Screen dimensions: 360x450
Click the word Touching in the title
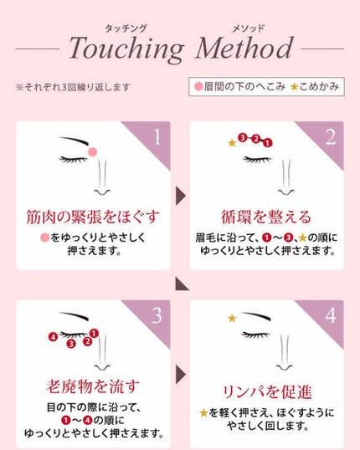point(126,49)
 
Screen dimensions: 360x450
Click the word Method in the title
point(244,48)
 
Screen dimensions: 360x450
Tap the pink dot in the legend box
point(198,86)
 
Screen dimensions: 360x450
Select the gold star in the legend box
point(294,86)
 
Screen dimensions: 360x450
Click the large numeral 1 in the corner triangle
point(157,137)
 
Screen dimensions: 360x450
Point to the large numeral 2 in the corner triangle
point(331,137)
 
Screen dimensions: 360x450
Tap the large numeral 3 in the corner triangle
point(157,315)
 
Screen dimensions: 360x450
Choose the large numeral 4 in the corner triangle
point(331,315)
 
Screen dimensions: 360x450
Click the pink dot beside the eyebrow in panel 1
point(92,152)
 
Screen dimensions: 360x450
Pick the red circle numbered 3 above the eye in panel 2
point(243,138)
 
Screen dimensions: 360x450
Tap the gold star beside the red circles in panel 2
point(232,143)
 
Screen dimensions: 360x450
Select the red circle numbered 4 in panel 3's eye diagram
point(53,337)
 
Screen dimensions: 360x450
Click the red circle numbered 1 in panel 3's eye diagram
point(94,334)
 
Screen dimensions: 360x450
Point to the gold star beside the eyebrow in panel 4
point(232,318)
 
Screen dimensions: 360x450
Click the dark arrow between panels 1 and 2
point(181,196)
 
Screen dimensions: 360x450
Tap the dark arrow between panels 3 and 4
point(181,375)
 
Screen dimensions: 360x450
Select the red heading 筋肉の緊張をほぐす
point(93,217)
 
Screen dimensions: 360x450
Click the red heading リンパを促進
point(267,392)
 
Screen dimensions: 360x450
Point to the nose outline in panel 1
point(102,178)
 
